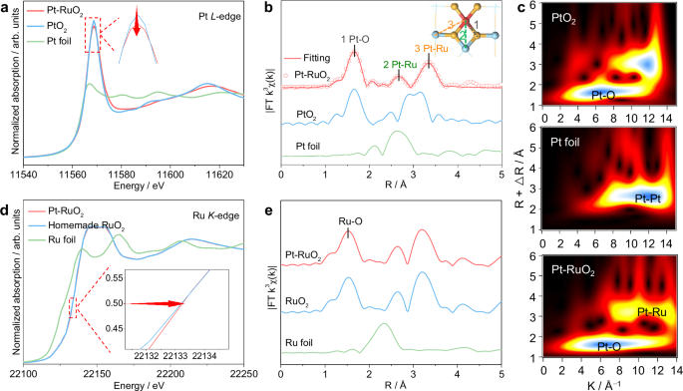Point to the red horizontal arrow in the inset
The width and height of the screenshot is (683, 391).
click(x=162, y=303)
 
